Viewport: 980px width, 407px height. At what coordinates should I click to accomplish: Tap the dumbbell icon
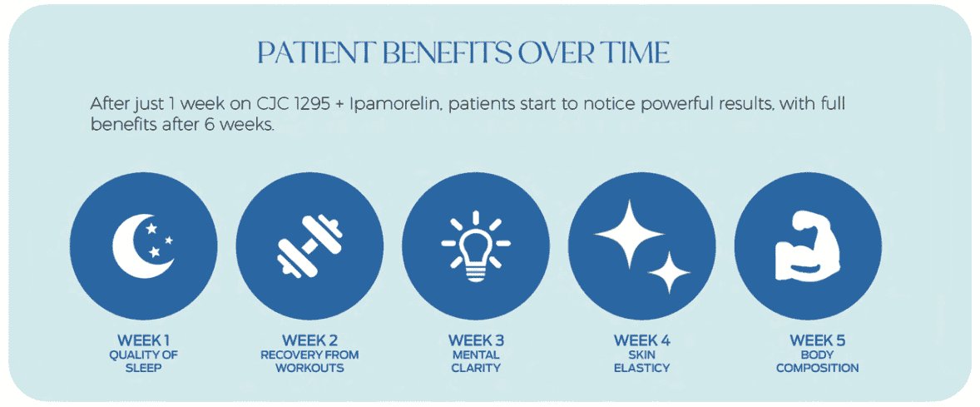[309, 246]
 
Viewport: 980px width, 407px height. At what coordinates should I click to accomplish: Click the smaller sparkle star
[669, 271]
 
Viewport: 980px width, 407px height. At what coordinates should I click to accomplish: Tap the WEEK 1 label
[143, 340]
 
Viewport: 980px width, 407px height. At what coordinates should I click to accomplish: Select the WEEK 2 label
[309, 340]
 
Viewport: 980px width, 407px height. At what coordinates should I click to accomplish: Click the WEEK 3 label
[476, 340]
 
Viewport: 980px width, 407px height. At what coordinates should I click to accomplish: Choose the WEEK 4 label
[641, 340]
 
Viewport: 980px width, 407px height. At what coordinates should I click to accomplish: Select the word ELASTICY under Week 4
[641, 368]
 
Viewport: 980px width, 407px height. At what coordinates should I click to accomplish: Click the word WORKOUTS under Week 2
[309, 368]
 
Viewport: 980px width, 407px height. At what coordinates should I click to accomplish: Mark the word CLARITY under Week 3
[476, 368]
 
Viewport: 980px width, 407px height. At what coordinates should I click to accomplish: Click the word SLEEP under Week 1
[143, 368]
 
